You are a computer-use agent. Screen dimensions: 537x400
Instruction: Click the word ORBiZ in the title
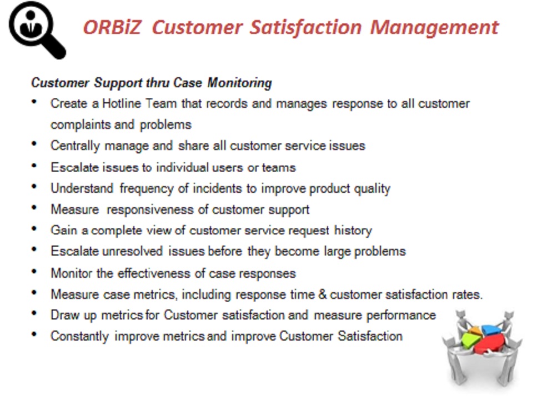pyautogui.click(x=112, y=27)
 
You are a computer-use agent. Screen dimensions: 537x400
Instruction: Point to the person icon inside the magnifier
pyautogui.click(x=31, y=24)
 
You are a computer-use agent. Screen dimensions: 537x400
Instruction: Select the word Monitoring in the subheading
pyautogui.click(x=239, y=83)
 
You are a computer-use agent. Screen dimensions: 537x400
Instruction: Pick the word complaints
pyautogui.click(x=81, y=125)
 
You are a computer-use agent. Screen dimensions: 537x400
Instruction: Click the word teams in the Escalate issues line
pyautogui.click(x=279, y=168)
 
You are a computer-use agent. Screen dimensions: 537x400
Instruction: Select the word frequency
pyautogui.click(x=147, y=189)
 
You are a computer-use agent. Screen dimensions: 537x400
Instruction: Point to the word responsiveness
pyautogui.click(x=150, y=210)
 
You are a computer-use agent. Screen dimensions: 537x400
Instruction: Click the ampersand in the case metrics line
pyautogui.click(x=323, y=294)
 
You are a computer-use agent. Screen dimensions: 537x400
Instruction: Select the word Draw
pyautogui.click(x=63, y=315)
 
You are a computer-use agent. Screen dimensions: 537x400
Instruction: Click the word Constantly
pyautogui.click(x=80, y=336)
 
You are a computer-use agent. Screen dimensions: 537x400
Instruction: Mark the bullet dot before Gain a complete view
pyautogui.click(x=34, y=229)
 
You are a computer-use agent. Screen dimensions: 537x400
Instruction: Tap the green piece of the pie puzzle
pyautogui.click(x=470, y=340)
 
